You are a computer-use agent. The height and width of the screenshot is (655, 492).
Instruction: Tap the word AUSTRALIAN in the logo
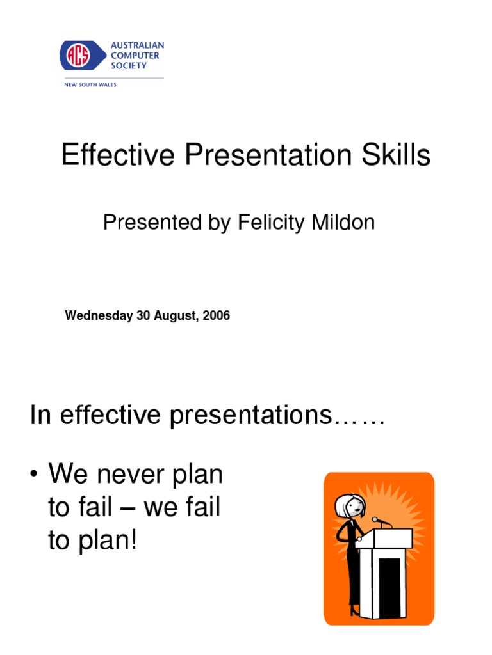(x=138, y=45)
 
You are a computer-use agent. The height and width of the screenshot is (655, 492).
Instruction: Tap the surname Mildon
(x=345, y=222)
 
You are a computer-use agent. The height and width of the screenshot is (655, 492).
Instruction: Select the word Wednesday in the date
(x=99, y=316)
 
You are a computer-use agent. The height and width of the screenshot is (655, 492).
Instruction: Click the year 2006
(x=217, y=316)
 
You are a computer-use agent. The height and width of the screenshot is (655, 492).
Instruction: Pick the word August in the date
(x=173, y=316)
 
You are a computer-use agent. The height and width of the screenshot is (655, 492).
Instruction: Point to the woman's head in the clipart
(x=348, y=507)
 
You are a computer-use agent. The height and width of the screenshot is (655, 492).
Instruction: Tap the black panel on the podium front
(x=389, y=582)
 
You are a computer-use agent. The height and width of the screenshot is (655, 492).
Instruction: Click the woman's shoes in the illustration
(x=354, y=612)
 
